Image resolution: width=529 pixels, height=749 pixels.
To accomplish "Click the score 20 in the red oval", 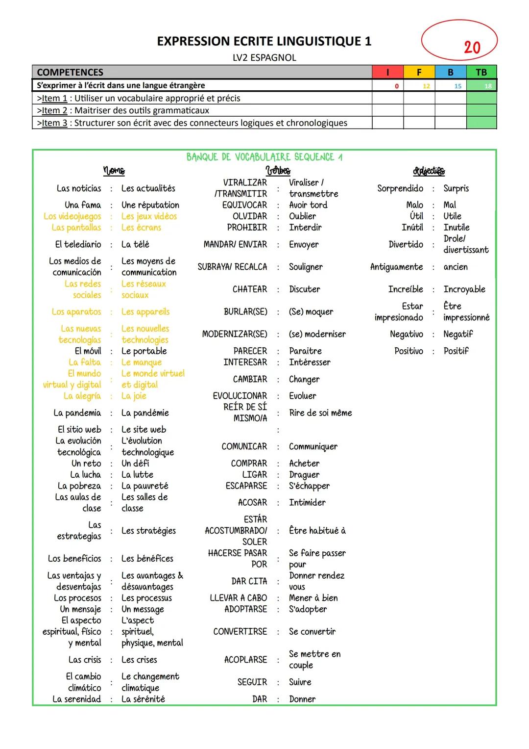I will pyautogui.click(x=472, y=48).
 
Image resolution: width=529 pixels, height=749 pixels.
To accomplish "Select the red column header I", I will pyautogui.click(x=387, y=72).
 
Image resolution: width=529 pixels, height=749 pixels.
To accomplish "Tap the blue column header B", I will pyautogui.click(x=450, y=72).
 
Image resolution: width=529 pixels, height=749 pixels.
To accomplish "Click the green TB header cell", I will pyautogui.click(x=481, y=72).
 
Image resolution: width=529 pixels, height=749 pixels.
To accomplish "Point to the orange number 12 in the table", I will pyautogui.click(x=426, y=86).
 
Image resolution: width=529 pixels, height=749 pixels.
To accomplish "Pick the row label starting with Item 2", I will pyautogui.click(x=123, y=110).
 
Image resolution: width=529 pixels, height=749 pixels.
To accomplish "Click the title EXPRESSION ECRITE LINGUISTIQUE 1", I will pyautogui.click(x=264, y=41).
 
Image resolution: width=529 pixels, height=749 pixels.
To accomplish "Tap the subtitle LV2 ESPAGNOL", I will pyautogui.click(x=264, y=58).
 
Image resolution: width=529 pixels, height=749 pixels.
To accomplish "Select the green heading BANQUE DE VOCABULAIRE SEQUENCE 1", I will pyautogui.click(x=264, y=157).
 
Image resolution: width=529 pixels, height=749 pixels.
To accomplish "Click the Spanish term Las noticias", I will pyautogui.click(x=79, y=188).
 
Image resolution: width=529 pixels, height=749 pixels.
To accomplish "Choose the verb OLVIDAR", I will pyautogui.click(x=250, y=216).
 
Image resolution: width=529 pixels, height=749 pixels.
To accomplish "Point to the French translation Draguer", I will pyautogui.click(x=304, y=475).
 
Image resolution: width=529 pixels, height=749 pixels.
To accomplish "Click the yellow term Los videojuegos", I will pyautogui.click(x=72, y=216).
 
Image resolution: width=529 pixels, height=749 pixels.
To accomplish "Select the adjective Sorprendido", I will pyautogui.click(x=400, y=188).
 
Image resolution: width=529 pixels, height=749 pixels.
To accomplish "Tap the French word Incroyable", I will pyautogui.click(x=464, y=289).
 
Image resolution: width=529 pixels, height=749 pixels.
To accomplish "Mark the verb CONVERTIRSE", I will pyautogui.click(x=240, y=632).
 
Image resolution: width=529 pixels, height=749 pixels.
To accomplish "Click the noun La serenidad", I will pyautogui.click(x=77, y=699).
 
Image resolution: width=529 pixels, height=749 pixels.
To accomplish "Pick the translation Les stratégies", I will pyautogui.click(x=148, y=531).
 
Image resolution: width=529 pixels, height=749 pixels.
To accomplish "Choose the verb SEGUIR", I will pyautogui.click(x=252, y=682).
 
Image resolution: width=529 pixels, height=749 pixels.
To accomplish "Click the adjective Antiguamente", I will pyautogui.click(x=396, y=267).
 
